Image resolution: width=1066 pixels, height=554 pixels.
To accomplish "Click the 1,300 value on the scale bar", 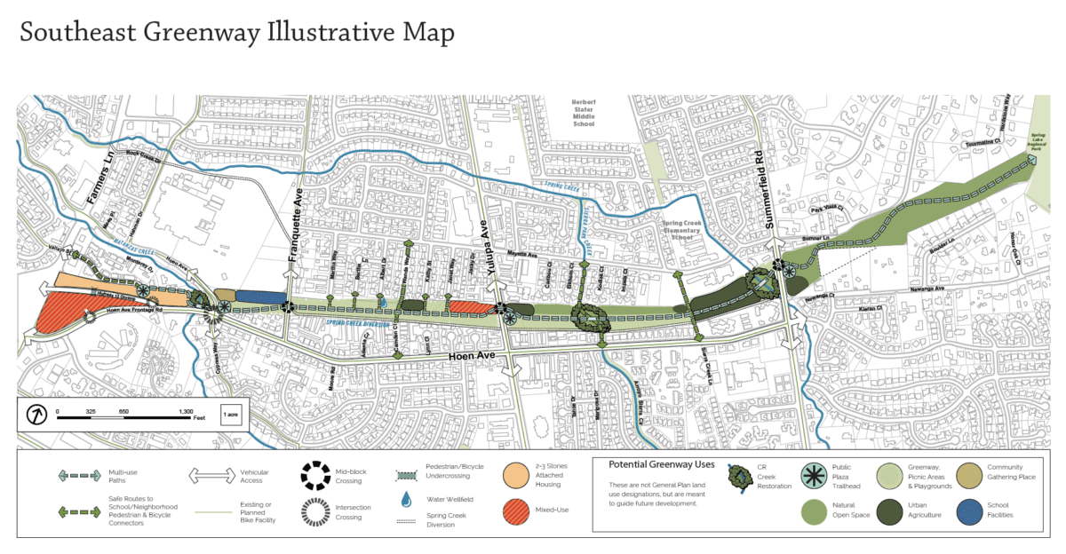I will (187, 411).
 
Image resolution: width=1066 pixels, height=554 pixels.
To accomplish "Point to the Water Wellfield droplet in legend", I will (406, 499).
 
